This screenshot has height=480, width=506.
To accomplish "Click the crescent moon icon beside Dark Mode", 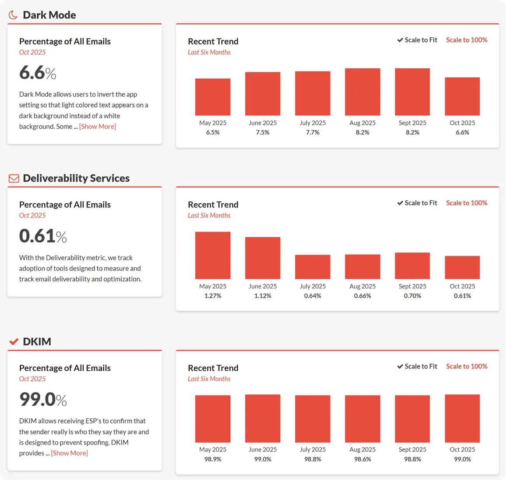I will [x=13, y=15].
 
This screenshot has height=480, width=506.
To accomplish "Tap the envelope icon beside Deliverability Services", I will [x=14, y=179].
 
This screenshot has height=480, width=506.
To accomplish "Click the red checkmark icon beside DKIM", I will [x=14, y=342].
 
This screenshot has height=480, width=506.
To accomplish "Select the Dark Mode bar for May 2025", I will [x=213, y=97].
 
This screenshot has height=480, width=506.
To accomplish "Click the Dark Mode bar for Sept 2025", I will [x=412, y=92].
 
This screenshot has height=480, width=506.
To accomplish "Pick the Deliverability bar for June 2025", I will [x=263, y=258].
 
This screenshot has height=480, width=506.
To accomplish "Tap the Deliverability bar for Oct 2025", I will [x=462, y=267].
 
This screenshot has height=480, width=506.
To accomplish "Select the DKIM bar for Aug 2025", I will [x=362, y=419].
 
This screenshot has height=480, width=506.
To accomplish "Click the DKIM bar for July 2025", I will [x=313, y=419].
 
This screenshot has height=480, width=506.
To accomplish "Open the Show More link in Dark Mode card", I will [x=98, y=126].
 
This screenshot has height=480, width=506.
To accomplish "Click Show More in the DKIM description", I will [x=70, y=453].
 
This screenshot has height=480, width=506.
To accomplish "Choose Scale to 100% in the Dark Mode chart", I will [x=467, y=40].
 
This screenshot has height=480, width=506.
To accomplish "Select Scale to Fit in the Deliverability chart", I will [x=417, y=203].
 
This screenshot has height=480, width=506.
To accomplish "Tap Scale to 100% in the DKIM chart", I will [x=467, y=366].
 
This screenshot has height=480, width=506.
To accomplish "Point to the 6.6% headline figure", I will [x=38, y=73].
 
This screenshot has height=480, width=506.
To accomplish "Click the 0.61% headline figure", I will [x=43, y=236].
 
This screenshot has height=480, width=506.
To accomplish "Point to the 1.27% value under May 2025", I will [x=213, y=296].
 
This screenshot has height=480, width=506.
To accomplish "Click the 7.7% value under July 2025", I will [x=313, y=133].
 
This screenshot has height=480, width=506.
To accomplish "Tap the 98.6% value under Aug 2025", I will [x=362, y=459].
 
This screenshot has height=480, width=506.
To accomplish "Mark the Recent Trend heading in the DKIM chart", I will [x=213, y=368].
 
